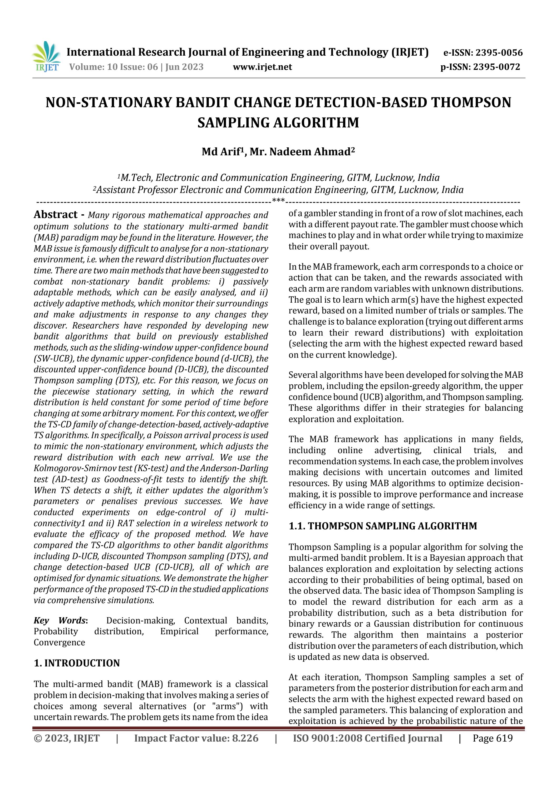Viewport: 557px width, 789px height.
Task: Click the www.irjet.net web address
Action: pyautogui.click(x=262, y=67)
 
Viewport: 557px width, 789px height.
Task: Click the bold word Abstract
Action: pyautogui.click(x=56, y=215)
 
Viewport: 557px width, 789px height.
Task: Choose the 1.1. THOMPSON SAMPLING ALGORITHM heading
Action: pyautogui.click(x=383, y=526)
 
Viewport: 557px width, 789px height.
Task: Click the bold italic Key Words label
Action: pyautogui.click(x=60, y=621)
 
